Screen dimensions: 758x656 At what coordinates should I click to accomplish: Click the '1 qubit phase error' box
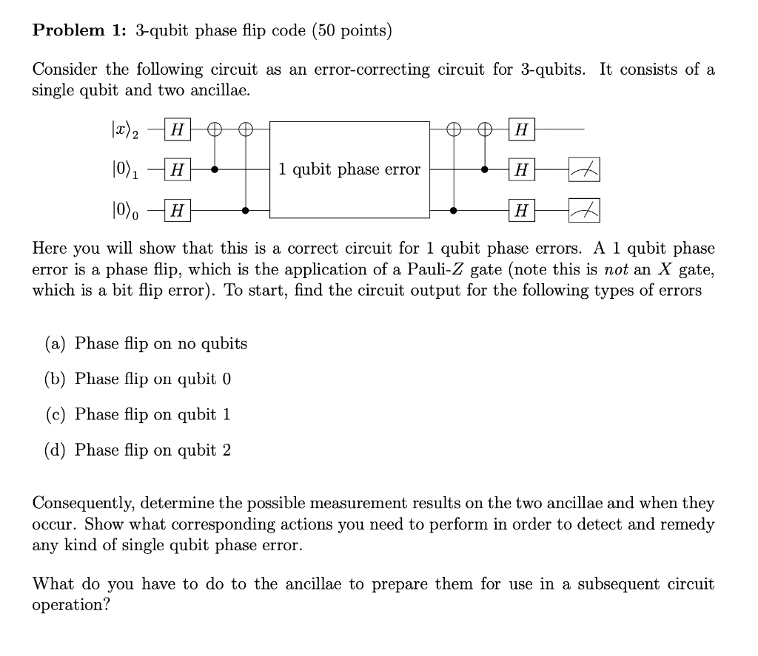(x=349, y=169)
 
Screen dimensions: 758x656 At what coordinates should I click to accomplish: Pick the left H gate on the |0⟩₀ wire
(x=176, y=211)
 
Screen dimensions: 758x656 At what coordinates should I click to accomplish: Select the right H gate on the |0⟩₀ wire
(x=522, y=211)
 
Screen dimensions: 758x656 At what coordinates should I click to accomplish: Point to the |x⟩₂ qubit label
(x=123, y=130)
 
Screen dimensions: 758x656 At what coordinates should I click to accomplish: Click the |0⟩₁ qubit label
(x=123, y=170)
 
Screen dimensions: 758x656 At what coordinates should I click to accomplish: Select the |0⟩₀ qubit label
(x=123, y=210)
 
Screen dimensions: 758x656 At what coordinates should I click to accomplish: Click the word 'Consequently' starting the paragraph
(x=84, y=504)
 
